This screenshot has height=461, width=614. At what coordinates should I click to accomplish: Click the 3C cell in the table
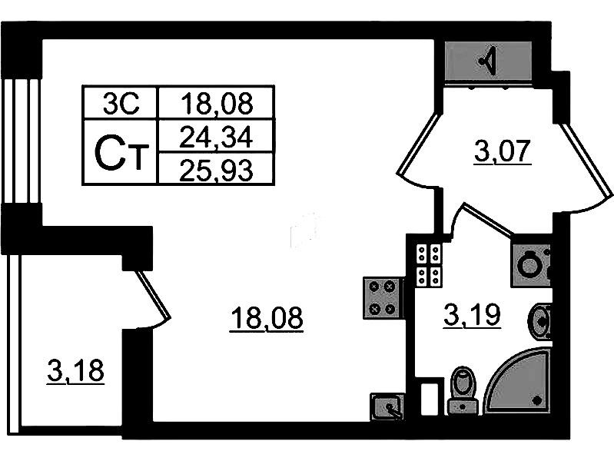(121, 103)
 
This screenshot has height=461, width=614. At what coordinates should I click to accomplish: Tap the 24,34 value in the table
(216, 137)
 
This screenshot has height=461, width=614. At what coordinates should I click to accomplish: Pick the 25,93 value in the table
(216, 170)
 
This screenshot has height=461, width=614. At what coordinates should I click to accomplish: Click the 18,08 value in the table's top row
(216, 103)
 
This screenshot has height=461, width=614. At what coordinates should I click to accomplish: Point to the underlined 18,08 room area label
(267, 319)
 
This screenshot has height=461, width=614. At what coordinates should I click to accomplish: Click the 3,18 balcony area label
(75, 371)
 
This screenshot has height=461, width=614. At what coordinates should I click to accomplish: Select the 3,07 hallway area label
(503, 151)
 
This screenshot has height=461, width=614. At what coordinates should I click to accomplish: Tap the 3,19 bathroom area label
(473, 315)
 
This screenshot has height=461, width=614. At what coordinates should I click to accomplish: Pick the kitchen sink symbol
(387, 406)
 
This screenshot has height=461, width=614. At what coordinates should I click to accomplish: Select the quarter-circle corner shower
(517, 382)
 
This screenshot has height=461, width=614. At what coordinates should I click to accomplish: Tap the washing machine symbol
(530, 264)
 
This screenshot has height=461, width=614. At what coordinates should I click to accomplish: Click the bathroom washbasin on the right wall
(540, 322)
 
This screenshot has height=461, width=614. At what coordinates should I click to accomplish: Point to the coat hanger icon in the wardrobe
(488, 61)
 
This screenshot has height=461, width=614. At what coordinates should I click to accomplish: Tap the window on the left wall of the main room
(22, 141)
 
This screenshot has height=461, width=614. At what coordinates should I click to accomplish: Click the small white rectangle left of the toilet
(429, 399)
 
